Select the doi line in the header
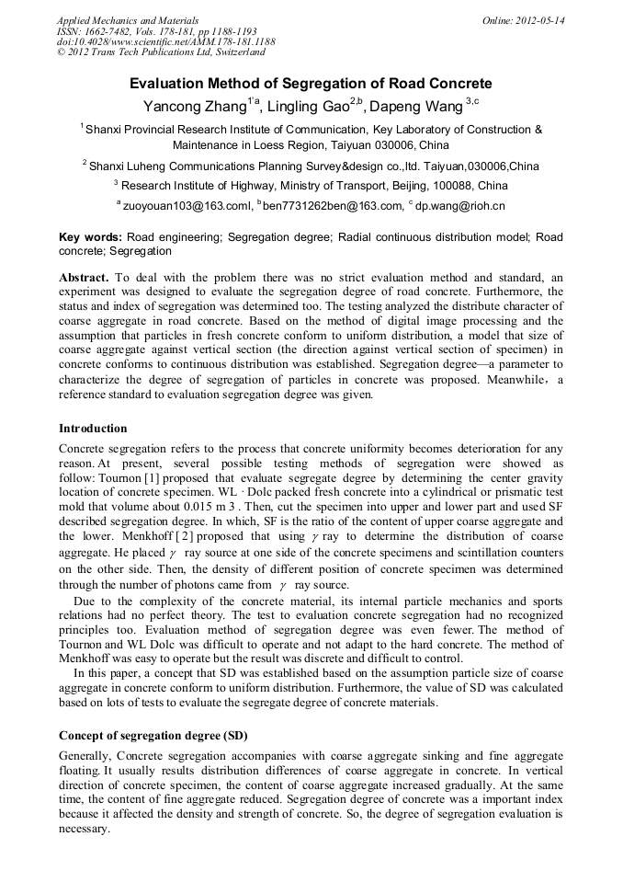click(165, 41)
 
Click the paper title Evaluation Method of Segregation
click(311, 84)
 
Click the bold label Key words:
click(90, 236)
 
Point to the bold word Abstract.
click(85, 277)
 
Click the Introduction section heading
click(93, 429)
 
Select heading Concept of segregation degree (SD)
click(153, 736)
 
